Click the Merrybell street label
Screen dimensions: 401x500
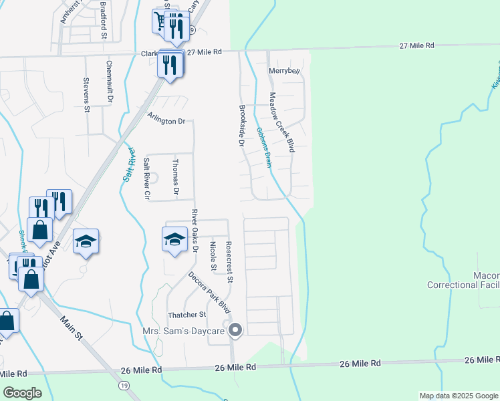(x=283, y=71)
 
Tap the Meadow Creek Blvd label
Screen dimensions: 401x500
(x=281, y=122)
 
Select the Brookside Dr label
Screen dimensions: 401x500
(x=242, y=125)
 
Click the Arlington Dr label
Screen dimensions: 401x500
(x=166, y=121)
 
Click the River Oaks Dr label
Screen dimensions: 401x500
(x=195, y=231)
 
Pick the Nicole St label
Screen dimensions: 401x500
(x=213, y=257)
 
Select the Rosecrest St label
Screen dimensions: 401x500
(x=229, y=261)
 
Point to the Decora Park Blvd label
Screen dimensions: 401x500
(x=209, y=293)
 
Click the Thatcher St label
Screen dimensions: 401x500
(x=188, y=315)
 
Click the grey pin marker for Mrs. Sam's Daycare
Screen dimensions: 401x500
(x=235, y=329)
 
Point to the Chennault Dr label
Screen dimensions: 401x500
(x=110, y=82)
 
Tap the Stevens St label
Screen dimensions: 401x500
(x=86, y=90)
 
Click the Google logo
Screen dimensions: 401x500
(x=22, y=393)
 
